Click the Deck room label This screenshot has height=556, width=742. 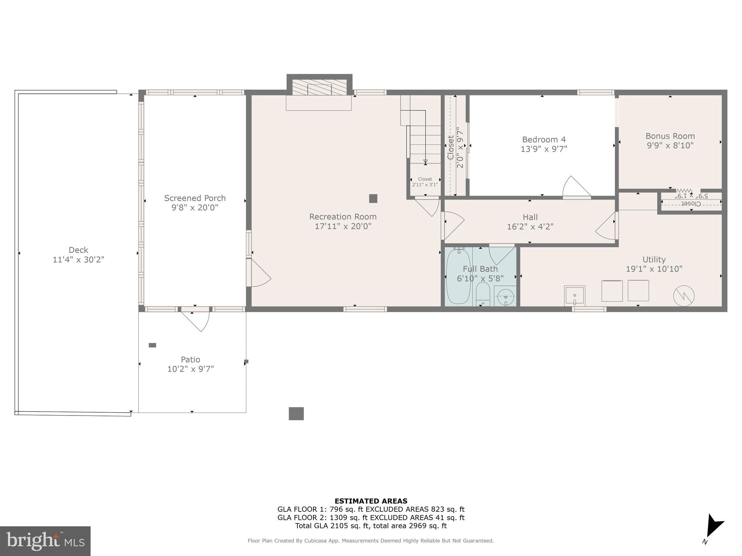(x=78, y=250)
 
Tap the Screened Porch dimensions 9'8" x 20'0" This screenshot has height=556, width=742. (x=195, y=207)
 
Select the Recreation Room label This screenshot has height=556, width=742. (x=343, y=216)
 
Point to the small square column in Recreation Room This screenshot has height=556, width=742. (x=373, y=198)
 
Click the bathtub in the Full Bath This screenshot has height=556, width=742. (x=458, y=277)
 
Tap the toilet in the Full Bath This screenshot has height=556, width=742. (x=483, y=294)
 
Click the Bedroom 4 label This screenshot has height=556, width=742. (x=543, y=139)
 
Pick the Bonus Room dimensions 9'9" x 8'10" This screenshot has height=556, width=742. (x=670, y=146)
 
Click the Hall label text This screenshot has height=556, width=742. (x=530, y=217)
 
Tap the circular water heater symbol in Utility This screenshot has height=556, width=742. (x=684, y=296)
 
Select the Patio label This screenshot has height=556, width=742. (x=190, y=359)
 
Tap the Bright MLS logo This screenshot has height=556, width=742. (x=45, y=541)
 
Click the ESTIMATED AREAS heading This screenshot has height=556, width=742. (x=371, y=501)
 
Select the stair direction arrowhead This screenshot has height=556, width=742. (x=425, y=162)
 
